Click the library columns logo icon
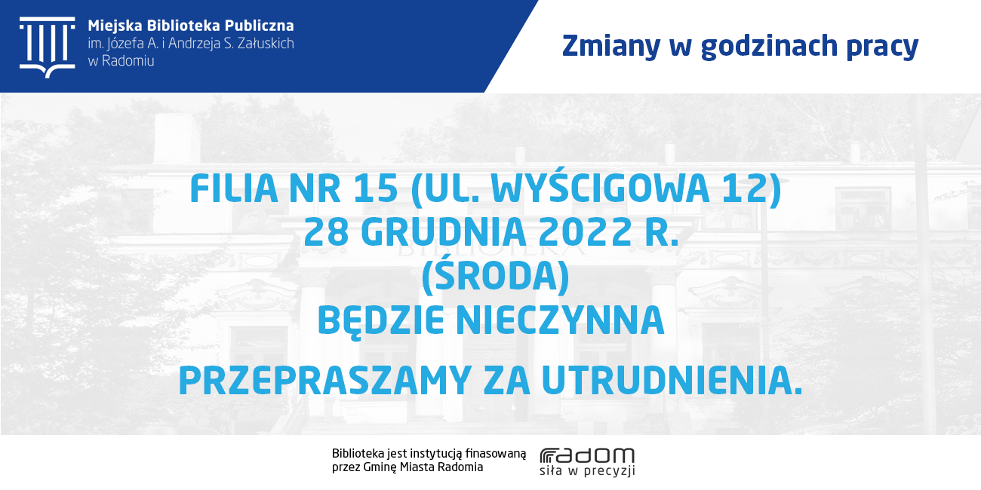(47, 47)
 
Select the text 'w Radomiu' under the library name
(121, 61)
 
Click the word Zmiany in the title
(611, 46)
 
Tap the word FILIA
(234, 188)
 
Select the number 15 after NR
(375, 188)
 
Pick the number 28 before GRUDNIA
(326, 232)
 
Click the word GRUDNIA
(443, 232)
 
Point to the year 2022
(585, 232)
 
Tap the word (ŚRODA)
(495, 275)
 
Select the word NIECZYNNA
(560, 320)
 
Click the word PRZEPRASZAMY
(325, 381)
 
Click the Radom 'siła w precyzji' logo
(587, 461)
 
